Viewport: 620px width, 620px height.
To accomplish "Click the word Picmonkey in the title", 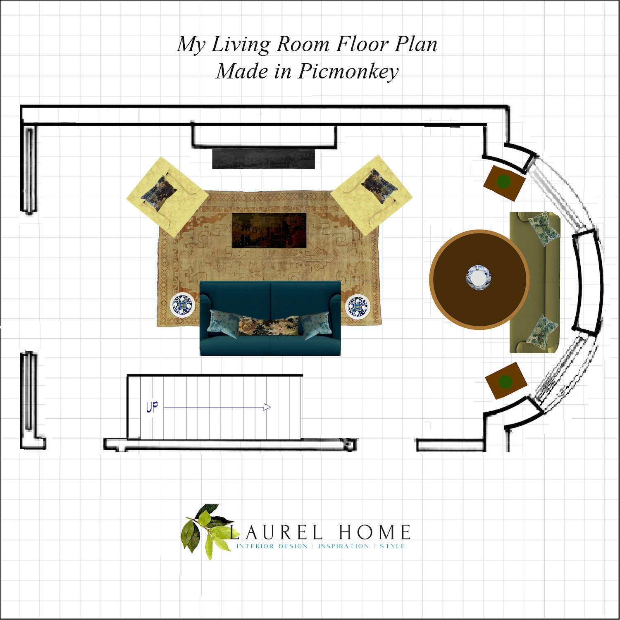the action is [x=348, y=72].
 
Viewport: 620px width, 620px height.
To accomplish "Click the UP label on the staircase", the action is [x=152, y=407].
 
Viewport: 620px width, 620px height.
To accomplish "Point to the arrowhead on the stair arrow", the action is [x=267, y=407].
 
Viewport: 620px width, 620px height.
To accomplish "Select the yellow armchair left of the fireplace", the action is [x=167, y=197].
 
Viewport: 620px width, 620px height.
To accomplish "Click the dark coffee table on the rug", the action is [x=269, y=231].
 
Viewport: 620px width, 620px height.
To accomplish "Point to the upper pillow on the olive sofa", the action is [x=545, y=229].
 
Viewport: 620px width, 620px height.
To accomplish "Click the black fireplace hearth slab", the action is [x=264, y=158].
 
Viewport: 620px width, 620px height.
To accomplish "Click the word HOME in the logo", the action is [x=375, y=532].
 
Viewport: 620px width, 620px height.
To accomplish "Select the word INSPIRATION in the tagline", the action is [x=343, y=546].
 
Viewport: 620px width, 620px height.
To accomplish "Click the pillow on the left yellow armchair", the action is [x=159, y=193].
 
